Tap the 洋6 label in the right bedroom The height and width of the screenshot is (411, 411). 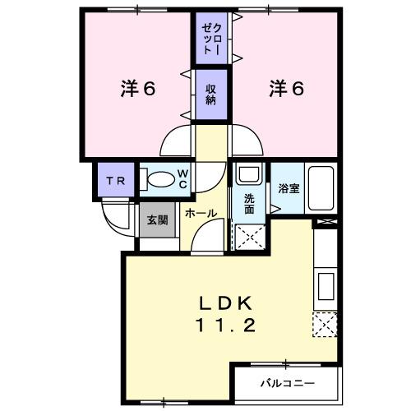[285, 88]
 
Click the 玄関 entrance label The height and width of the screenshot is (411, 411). [155, 219]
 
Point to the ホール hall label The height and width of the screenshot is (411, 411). [201, 213]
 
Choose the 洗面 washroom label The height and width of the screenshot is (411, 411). [249, 204]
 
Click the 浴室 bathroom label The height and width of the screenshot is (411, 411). [288, 188]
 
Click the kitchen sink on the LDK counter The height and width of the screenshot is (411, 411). [326, 287]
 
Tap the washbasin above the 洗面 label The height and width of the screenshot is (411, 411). [247, 174]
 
